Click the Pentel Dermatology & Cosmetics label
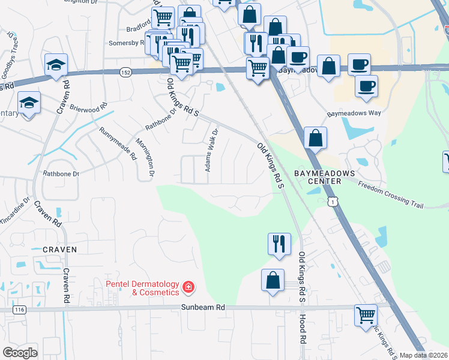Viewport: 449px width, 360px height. click(x=142, y=288)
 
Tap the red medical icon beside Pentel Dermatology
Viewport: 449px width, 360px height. click(x=188, y=288)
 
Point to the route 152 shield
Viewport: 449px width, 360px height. click(x=125, y=71)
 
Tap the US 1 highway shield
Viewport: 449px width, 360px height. click(x=332, y=202)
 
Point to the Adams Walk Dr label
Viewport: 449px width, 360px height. click(x=210, y=150)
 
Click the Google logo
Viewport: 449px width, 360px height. click(x=20, y=353)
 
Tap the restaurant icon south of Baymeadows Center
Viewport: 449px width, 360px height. click(x=279, y=244)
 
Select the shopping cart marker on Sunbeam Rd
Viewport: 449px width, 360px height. click(x=366, y=314)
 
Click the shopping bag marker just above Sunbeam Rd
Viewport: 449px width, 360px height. click(x=273, y=280)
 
